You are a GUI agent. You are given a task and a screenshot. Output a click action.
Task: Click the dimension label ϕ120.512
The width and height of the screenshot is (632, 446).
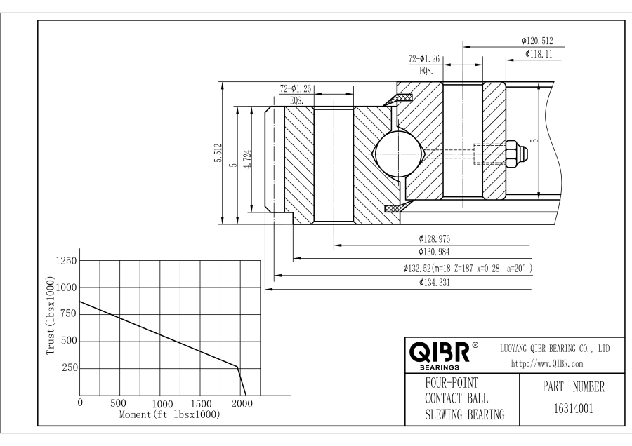click(542, 41)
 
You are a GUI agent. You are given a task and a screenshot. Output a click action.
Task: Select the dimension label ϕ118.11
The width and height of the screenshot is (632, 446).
click(539, 54)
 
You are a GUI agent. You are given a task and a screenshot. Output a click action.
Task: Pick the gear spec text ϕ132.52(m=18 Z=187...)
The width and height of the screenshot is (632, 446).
click(468, 269)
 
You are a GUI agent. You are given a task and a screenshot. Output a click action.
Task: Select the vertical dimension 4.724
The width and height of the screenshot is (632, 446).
click(247, 159)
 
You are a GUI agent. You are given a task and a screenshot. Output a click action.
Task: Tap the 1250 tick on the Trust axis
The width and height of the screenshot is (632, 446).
click(62, 261)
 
